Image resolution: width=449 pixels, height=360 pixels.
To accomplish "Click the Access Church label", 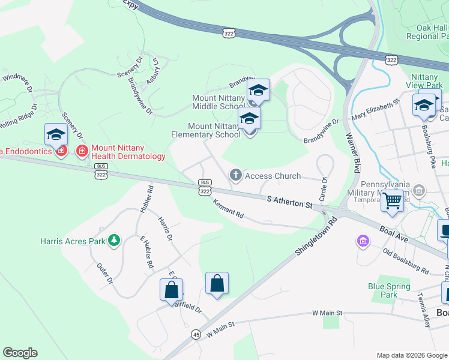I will (x=273, y=176).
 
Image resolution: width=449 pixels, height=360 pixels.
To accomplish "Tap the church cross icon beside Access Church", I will (x=236, y=175).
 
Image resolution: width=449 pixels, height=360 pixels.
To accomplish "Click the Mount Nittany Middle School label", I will (x=218, y=102).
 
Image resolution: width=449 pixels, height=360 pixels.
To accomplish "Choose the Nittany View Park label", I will (x=427, y=81).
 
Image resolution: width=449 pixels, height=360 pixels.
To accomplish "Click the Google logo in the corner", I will (x=20, y=353).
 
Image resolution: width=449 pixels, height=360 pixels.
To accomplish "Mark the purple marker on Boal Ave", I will (x=363, y=241).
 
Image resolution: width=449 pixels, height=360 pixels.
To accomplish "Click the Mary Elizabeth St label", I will (x=376, y=111).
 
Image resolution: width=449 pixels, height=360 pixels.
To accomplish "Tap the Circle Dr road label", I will (x=324, y=189).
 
